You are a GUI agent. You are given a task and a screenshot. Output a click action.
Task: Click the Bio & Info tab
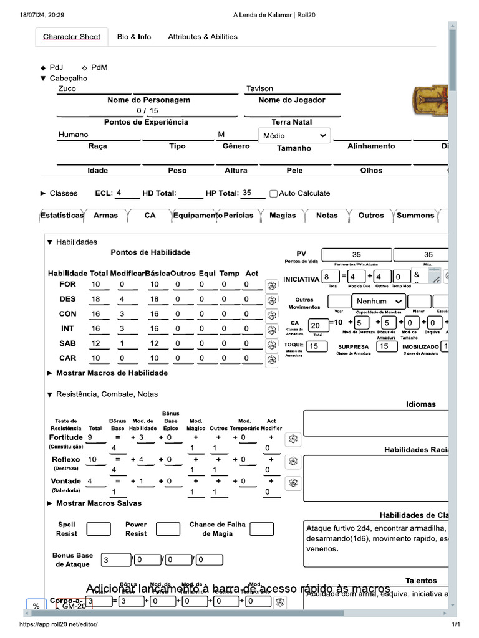[x=134, y=37]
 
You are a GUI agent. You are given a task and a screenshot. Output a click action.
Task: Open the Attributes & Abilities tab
[x=203, y=37]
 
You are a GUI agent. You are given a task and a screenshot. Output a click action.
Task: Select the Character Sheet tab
[x=72, y=37]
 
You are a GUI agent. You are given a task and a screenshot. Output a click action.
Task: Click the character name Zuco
[x=67, y=88]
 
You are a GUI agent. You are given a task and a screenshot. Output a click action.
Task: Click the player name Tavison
[x=259, y=88]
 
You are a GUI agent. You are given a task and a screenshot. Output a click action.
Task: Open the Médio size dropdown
[x=294, y=135]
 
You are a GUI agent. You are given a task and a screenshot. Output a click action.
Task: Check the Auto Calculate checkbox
[x=273, y=194]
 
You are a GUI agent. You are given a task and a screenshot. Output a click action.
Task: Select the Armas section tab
[x=105, y=216]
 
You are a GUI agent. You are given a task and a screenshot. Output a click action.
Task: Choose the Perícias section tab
[x=238, y=216]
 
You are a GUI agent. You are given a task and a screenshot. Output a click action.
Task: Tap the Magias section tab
[x=283, y=216]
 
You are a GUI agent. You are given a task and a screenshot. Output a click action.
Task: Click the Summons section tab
[x=415, y=216]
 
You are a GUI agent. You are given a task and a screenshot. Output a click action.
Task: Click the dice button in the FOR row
[x=271, y=285]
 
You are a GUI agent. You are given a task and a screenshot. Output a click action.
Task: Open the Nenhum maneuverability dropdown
[x=379, y=302]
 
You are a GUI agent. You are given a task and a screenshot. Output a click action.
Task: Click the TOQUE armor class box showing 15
[x=317, y=346]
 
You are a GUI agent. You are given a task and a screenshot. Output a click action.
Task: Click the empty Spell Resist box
[x=99, y=530]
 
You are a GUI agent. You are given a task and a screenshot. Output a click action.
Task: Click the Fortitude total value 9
[x=92, y=438]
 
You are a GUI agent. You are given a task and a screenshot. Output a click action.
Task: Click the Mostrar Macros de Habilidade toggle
[x=107, y=373]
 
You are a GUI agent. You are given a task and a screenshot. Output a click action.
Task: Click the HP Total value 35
[x=248, y=193]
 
